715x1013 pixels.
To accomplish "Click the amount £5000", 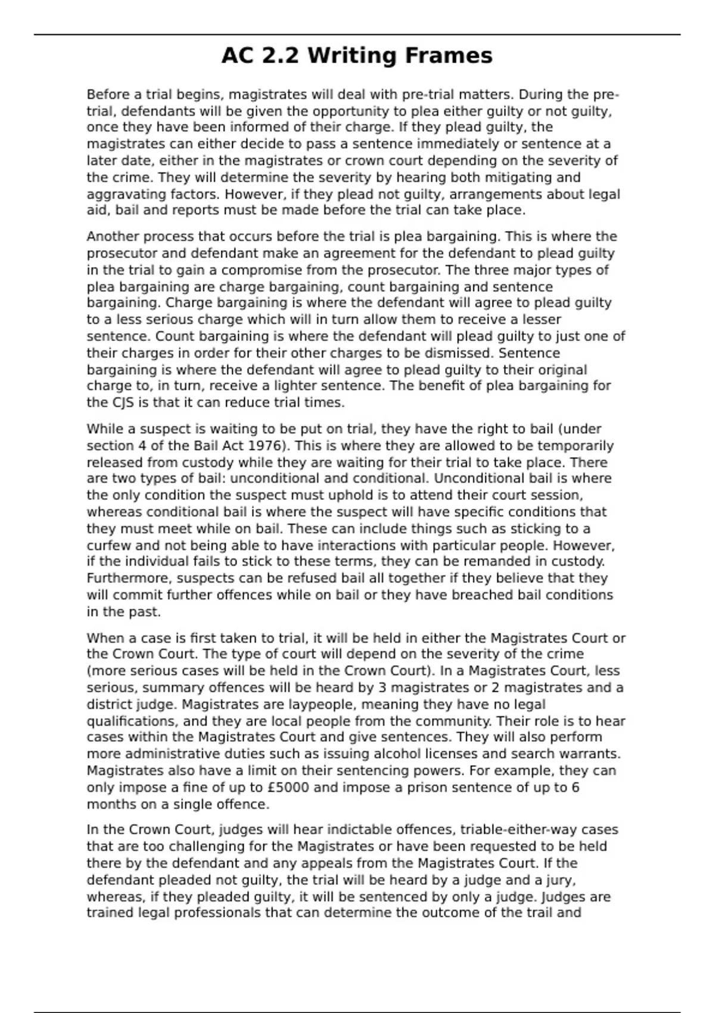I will click(288, 787).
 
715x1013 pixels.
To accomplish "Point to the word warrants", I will click(591, 754).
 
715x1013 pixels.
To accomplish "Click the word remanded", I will click(512, 561).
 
